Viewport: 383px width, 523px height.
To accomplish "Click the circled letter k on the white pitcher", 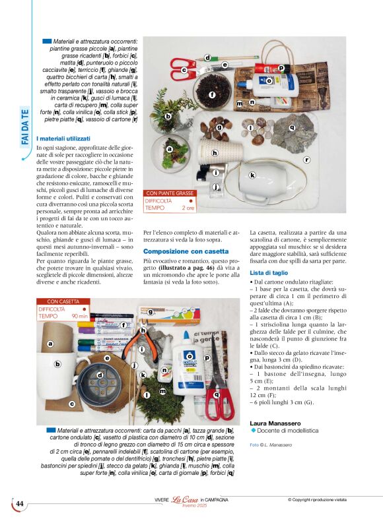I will [x=252, y=175].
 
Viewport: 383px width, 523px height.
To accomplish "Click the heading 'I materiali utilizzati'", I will [x=63, y=139].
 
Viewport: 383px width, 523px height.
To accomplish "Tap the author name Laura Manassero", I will [x=276, y=422].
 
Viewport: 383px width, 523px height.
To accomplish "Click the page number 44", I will [x=20, y=504].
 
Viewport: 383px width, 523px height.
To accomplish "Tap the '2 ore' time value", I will [x=188, y=208].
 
